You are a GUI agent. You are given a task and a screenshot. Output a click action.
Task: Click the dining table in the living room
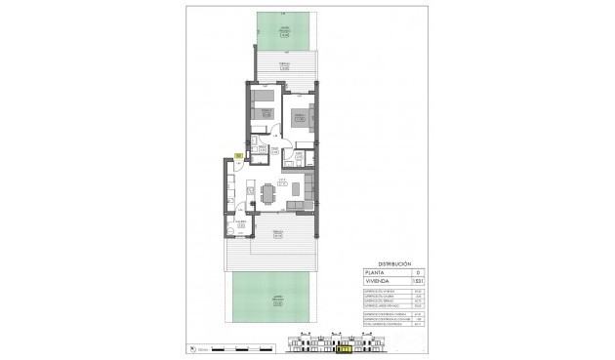(266, 192)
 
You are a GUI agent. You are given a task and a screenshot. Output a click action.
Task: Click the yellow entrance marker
(237, 154)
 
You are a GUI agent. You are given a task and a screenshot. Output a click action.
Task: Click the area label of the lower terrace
(278, 233)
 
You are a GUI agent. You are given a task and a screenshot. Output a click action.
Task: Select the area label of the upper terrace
(284, 65)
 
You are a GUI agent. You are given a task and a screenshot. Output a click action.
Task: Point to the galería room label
(238, 222)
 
